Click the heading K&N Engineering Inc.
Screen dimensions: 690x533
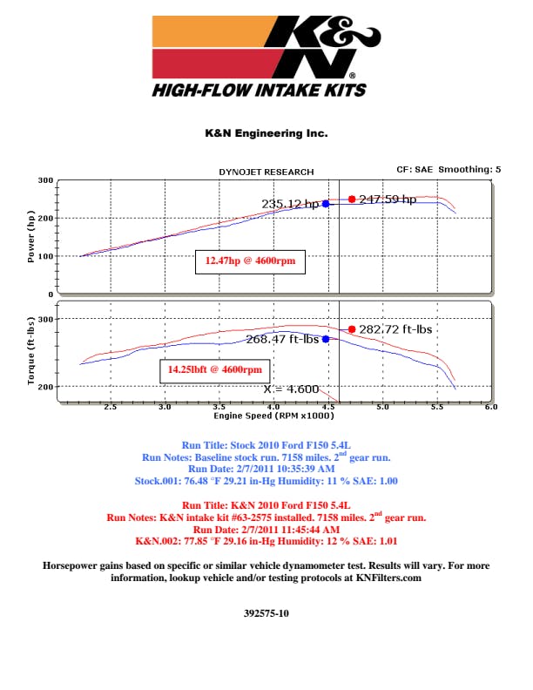tap(266, 134)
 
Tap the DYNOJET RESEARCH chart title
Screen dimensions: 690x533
tap(266, 172)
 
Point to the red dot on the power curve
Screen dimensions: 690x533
tap(352, 200)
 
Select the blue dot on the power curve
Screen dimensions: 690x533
tap(326, 204)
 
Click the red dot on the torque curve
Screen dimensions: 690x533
tap(352, 329)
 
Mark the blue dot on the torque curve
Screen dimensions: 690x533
tap(326, 339)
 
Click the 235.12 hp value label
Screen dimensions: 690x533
tap(290, 204)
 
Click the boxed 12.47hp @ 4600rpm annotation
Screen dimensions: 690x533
tap(250, 260)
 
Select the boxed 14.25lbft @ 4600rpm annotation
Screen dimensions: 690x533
tap(214, 370)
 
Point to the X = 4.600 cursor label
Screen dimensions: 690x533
tap(291, 389)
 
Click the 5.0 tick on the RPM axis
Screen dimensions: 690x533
tap(382, 407)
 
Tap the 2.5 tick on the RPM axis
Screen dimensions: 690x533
tap(111, 407)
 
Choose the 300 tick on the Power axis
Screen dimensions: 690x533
tap(45, 180)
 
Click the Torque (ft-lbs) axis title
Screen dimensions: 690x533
tap(32, 352)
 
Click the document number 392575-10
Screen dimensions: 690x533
tap(266, 613)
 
